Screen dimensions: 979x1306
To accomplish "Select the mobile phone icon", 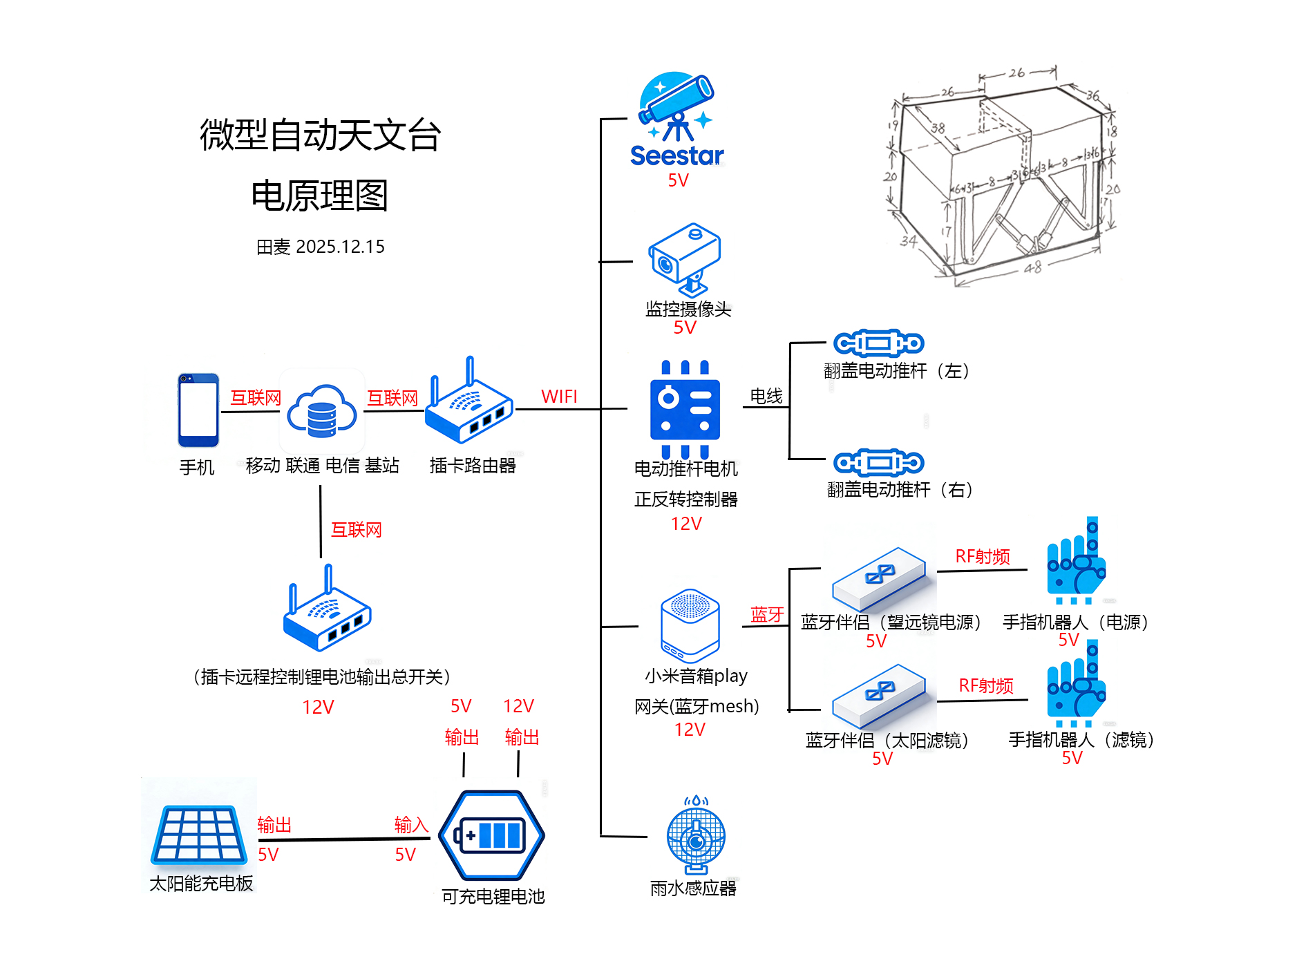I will [198, 410].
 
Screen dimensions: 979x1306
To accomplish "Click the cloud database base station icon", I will [322, 412].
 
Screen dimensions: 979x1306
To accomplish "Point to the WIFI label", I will [558, 397].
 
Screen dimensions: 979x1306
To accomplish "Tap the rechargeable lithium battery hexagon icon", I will [491, 835].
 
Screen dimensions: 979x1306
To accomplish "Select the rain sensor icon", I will [696, 835].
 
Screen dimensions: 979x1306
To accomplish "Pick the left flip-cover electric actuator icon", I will [878, 343].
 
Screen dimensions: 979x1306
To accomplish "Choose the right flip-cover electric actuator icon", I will [878, 462].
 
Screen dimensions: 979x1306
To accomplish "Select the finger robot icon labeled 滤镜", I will [1076, 684].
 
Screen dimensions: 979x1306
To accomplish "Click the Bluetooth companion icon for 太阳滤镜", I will [879, 695].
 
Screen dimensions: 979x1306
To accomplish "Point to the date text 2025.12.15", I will [340, 247].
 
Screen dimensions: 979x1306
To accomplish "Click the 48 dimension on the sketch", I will [1032, 267].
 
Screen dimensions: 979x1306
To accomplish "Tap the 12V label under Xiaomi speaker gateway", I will [690, 730].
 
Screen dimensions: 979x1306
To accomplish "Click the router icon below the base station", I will [328, 611].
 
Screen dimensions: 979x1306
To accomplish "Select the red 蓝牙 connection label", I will [767, 614].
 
